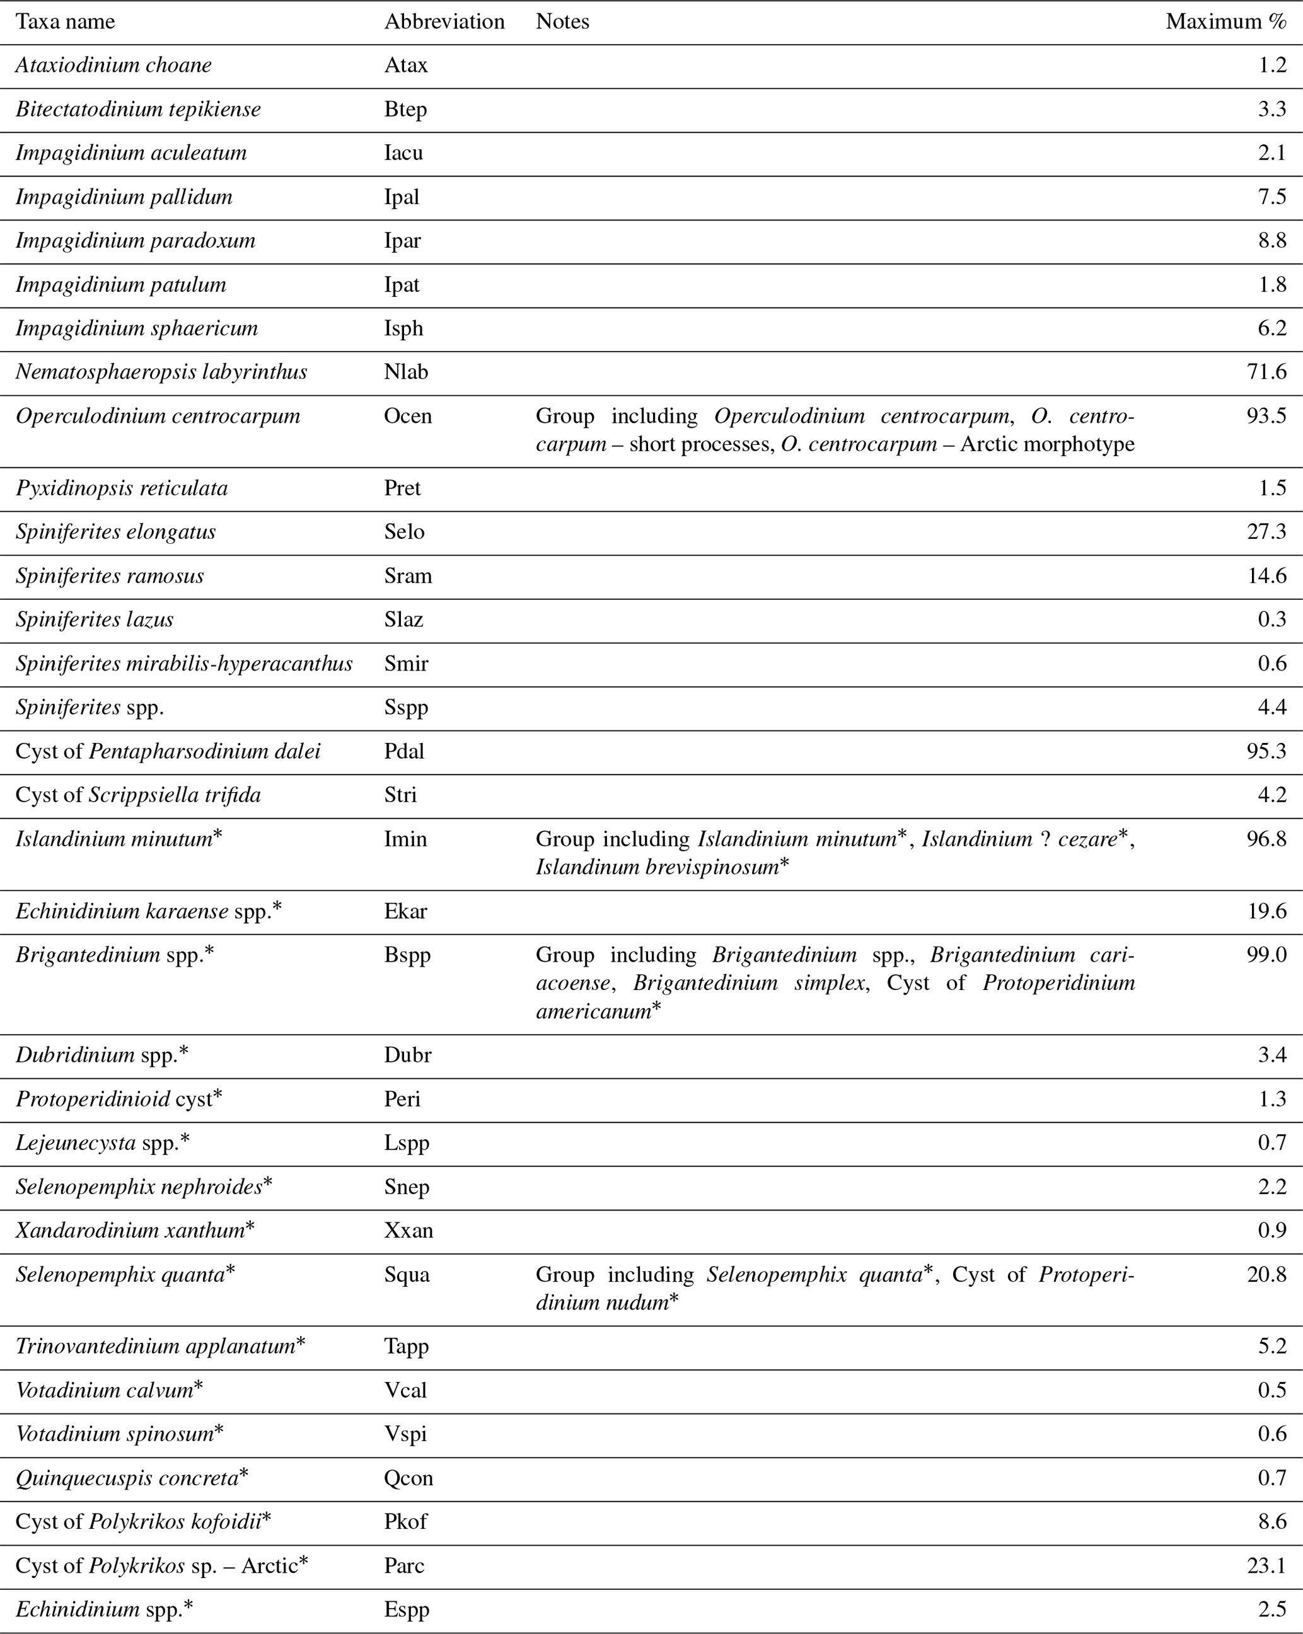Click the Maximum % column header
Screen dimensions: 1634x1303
1225,22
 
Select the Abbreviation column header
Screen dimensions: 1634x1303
444,22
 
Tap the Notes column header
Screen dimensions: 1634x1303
562,22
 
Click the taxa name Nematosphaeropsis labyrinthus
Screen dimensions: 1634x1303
161,372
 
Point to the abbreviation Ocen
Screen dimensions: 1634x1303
408,416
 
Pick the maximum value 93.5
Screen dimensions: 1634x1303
1266,416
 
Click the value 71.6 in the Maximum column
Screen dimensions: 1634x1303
1266,372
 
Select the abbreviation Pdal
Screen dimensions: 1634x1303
404,751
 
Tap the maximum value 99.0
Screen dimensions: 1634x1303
1266,954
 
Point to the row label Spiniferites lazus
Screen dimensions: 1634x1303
94,620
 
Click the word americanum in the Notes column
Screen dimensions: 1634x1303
593,1011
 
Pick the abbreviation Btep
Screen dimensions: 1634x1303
405,109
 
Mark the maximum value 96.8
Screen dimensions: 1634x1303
1266,839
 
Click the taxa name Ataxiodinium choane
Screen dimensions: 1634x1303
113,65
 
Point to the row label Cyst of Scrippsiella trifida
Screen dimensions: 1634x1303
138,795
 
